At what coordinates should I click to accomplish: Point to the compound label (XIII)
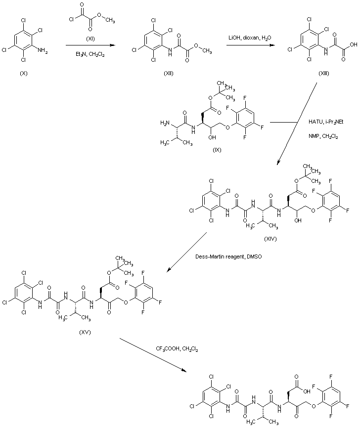[326, 73]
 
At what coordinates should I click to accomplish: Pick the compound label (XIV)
[270, 239]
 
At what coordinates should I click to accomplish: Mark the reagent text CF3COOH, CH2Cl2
[177, 349]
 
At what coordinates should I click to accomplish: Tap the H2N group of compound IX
[166, 123]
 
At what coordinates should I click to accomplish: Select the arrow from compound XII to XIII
[251, 45]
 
